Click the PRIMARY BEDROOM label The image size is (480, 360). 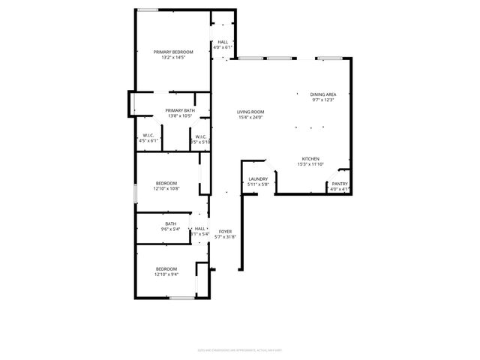[173, 52]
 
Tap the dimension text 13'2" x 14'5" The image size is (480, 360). [173, 58]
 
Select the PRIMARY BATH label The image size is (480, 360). [180, 110]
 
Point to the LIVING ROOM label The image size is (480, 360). [250, 112]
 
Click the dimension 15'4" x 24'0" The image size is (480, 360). [250, 117]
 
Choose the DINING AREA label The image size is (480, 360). [323, 94]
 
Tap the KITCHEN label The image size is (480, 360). [311, 159]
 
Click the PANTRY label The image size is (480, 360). [340, 184]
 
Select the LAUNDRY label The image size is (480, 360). [258, 178]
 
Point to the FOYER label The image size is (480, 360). [225, 232]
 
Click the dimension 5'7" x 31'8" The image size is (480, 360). [225, 237]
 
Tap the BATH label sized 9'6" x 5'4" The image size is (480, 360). [171, 223]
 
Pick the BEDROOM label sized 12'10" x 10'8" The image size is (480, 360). [166, 183]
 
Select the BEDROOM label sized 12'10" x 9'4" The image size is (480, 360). [166, 268]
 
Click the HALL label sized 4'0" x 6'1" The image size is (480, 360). [223, 42]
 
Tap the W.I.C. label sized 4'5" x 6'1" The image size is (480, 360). [148, 136]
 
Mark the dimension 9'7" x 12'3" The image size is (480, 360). [323, 100]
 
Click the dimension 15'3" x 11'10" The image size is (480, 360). [311, 164]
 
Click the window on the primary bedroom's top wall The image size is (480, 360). [148, 10]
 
